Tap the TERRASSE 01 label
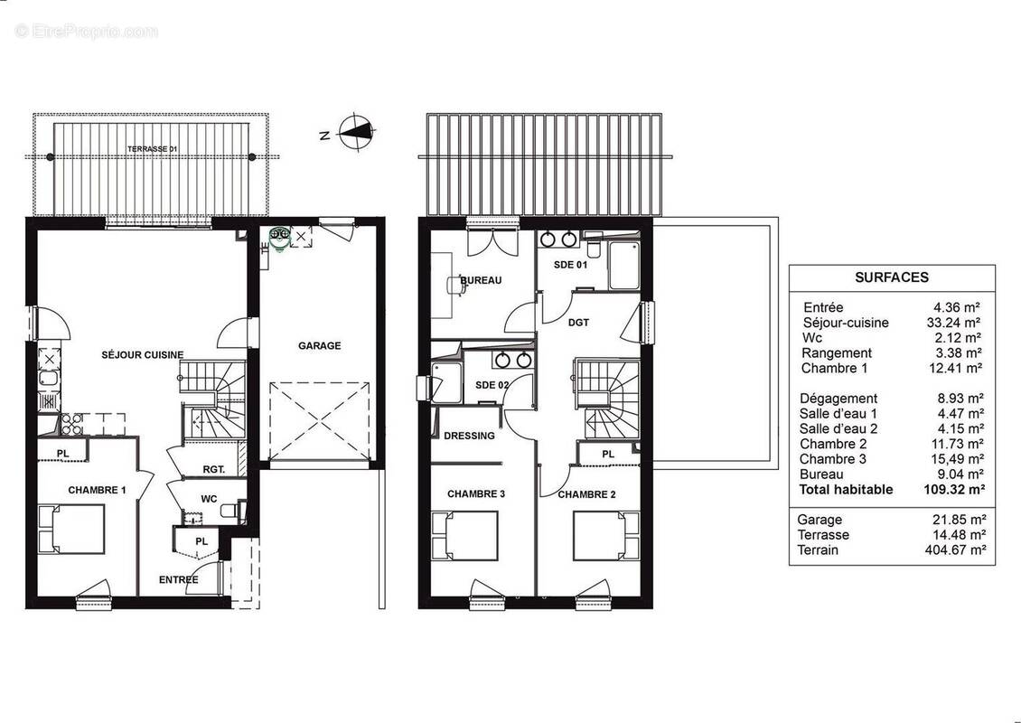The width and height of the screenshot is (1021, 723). (150, 147)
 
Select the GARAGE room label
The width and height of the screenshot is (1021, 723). (320, 345)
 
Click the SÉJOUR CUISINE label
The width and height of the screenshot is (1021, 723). (143, 355)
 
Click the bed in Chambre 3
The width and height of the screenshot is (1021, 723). (464, 535)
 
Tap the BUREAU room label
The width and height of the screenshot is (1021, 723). (481, 281)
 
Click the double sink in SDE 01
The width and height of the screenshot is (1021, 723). (558, 239)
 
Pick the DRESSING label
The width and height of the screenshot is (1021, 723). (470, 436)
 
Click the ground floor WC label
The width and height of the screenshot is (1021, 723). (209, 498)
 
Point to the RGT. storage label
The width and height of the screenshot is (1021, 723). (214, 469)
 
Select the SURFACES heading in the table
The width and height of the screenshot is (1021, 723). (891, 277)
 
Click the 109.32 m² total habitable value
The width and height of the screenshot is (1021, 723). (954, 490)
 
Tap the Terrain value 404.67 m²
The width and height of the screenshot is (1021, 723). (954, 549)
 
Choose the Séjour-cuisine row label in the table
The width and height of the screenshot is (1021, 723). (845, 323)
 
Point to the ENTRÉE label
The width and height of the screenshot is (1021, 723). (179, 579)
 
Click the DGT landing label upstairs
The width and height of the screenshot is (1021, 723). (579, 321)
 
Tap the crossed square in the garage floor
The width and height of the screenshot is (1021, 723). (320, 421)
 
